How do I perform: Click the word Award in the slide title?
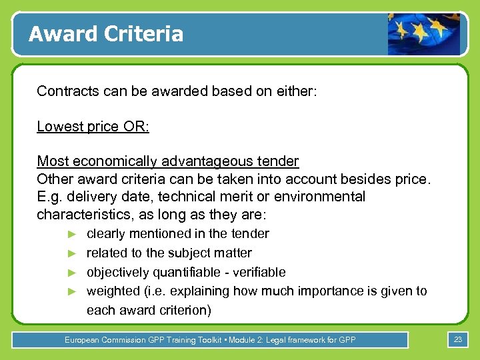click(60, 33)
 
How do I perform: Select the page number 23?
click(457, 340)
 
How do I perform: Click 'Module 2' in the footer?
click(247, 340)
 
